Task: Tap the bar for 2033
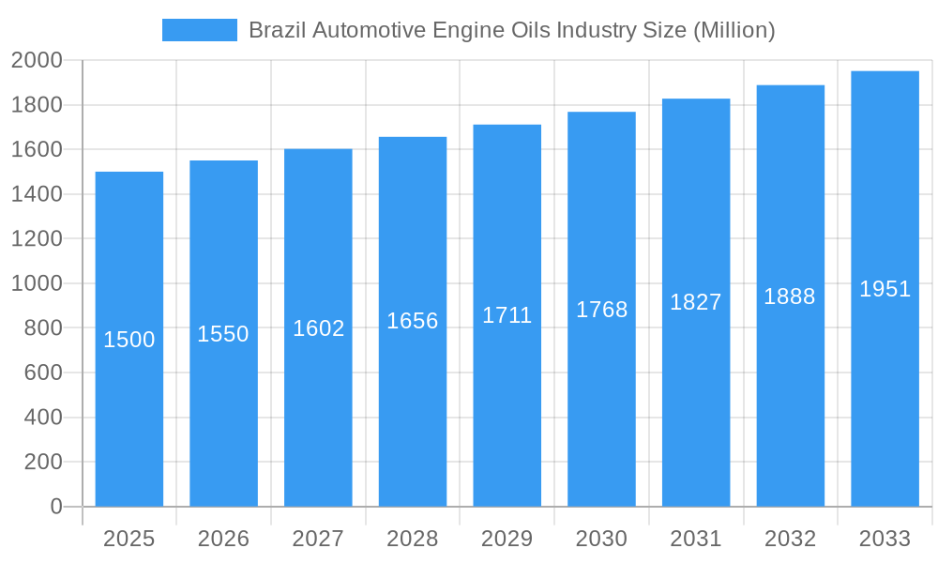pyautogui.click(x=885, y=394)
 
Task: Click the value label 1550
pyautogui.click(x=223, y=334)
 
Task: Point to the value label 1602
pyautogui.click(x=318, y=328)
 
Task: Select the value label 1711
pyautogui.click(x=507, y=315)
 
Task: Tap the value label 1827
pyautogui.click(x=696, y=302)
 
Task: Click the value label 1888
pyautogui.click(x=790, y=297)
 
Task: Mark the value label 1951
pyautogui.click(x=885, y=289)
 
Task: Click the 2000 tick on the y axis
pyautogui.click(x=37, y=61)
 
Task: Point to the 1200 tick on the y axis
pyautogui.click(x=37, y=239)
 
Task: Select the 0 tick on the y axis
pyautogui.click(x=55, y=507)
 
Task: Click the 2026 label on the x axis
pyautogui.click(x=223, y=539)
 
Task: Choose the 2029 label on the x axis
pyautogui.click(x=507, y=539)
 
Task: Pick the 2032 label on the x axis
pyautogui.click(x=790, y=539)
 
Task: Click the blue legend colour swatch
pyautogui.click(x=199, y=30)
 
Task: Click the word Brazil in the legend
pyautogui.click(x=277, y=30)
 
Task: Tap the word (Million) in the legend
pyautogui.click(x=734, y=30)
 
